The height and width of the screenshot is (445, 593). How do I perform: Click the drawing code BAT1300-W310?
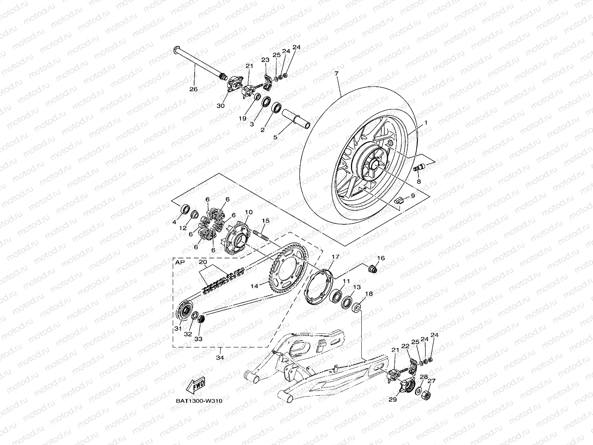coord(199,401)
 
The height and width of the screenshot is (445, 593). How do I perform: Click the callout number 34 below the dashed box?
coord(220,358)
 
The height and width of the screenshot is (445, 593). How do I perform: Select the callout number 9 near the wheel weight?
coord(413,195)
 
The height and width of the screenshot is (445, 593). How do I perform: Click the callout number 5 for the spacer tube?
coord(275,137)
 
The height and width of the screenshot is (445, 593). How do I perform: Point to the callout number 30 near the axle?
coord(221,106)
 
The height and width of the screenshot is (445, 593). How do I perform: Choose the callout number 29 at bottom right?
coord(393,400)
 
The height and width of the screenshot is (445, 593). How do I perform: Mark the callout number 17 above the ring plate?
coord(335,257)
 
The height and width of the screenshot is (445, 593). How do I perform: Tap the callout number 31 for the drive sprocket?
coord(178,329)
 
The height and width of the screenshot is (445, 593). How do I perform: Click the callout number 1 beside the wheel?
coord(426,122)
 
